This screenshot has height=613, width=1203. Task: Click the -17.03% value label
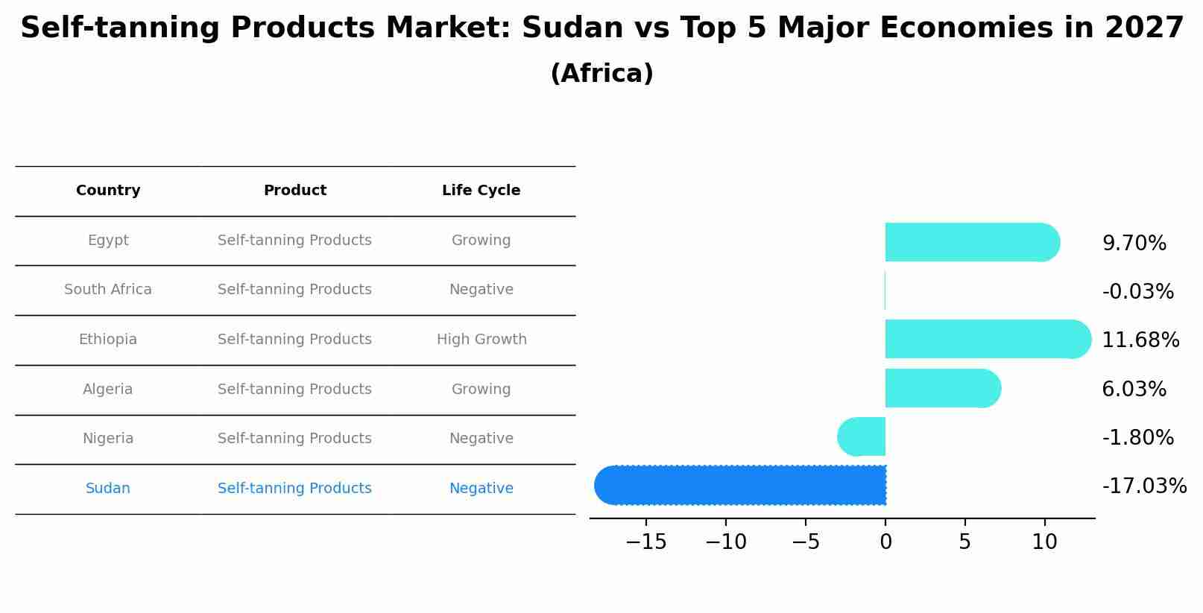pos(1144,486)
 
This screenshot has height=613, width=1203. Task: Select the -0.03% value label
pos(1137,291)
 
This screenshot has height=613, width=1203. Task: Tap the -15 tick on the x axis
pos(645,542)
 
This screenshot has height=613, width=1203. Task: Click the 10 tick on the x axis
pos(1044,542)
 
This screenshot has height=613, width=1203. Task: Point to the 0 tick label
pos(885,542)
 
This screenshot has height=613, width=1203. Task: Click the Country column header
pos(108,191)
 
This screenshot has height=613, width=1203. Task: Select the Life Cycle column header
pos(481,191)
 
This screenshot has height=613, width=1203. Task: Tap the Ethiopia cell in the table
pos(108,340)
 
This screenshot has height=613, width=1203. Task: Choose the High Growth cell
pos(481,340)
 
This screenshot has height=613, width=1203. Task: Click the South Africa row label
pos(108,290)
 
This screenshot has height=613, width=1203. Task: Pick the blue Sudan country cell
pos(108,489)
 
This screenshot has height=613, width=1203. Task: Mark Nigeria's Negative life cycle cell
pos(481,439)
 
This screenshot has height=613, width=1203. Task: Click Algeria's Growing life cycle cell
pos(481,390)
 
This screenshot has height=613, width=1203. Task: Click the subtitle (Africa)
pos(601,74)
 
